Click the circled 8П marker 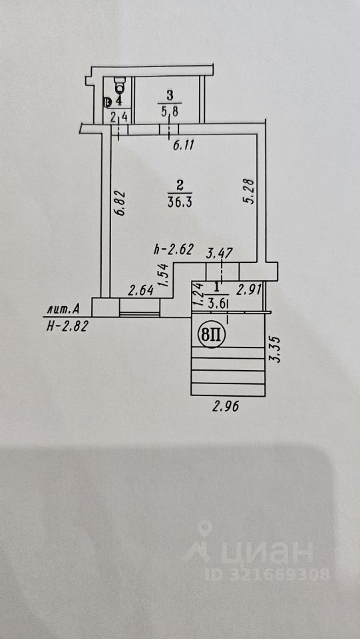click(x=210, y=335)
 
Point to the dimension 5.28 click(x=250, y=191)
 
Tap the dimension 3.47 click(x=220, y=253)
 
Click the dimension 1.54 click(x=163, y=276)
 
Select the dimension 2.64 click(x=141, y=290)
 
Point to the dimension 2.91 click(x=249, y=290)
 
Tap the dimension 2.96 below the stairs click(x=225, y=406)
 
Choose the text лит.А click(x=63, y=310)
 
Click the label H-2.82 click(x=67, y=326)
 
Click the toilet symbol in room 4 click(x=120, y=85)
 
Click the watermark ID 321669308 click(x=267, y=574)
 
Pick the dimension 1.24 click(x=198, y=295)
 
